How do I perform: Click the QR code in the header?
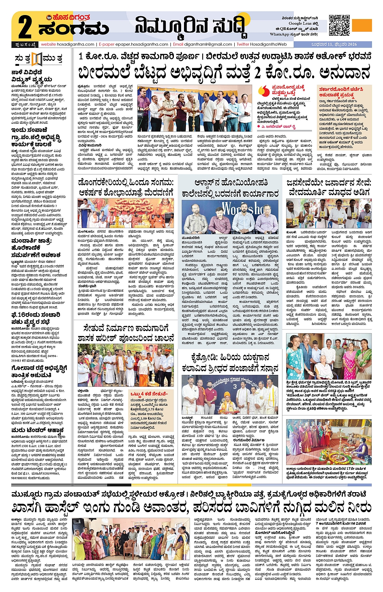(339, 25)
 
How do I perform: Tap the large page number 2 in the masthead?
(25, 27)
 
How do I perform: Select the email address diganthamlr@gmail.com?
(208, 44)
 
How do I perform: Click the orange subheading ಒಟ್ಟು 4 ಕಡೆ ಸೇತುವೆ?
(148, 394)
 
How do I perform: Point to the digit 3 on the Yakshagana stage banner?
(235, 387)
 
